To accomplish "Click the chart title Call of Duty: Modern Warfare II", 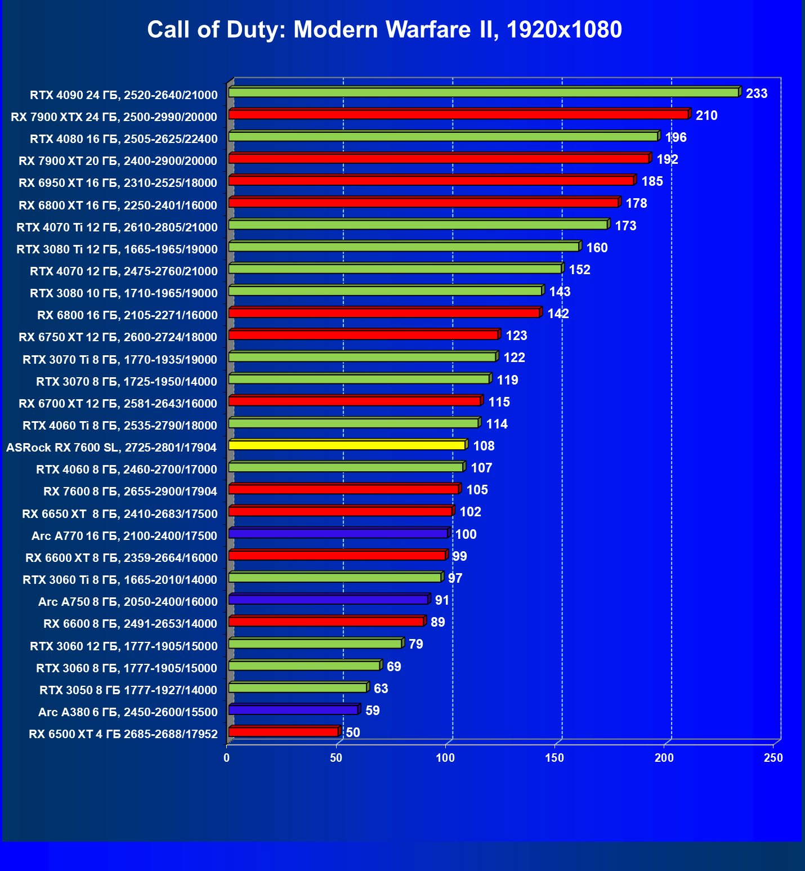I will [384, 29].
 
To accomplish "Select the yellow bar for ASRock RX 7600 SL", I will [347, 445].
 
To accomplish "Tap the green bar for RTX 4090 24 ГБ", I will [483, 92].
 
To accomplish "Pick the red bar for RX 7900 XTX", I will [458, 115].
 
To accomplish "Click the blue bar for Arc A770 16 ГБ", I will [338, 533].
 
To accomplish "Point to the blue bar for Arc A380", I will [293, 710].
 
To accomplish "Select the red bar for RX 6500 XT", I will [283, 732].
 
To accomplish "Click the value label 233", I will [756, 93].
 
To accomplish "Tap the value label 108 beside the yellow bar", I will [484, 446].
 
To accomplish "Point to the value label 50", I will [352, 732].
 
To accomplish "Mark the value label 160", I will [597, 248].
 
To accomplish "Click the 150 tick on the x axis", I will [554, 758].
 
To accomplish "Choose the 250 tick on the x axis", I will [773, 758].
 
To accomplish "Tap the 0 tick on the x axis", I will [227, 758].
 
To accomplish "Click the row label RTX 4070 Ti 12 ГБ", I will [117, 227].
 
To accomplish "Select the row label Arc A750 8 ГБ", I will [128, 602].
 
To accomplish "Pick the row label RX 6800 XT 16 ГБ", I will [118, 206].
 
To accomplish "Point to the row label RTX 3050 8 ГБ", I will [128, 690].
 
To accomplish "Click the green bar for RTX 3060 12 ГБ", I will [315, 644].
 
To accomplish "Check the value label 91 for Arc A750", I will [442, 600].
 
